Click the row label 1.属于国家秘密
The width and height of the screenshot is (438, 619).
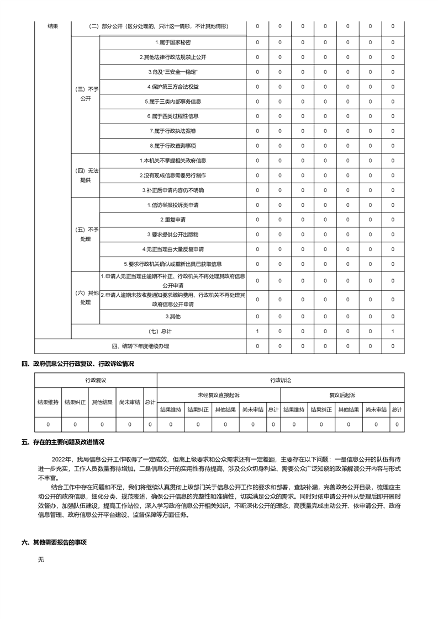pos(173,42)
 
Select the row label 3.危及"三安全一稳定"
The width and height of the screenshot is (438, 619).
pos(173,72)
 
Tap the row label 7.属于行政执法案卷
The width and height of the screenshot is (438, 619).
pos(173,131)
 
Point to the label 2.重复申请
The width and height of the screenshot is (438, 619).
pos(173,220)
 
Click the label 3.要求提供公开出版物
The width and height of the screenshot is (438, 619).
pos(173,234)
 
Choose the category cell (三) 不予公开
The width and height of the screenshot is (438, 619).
pos(86,94)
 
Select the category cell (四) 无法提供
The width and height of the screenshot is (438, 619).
pos(86,175)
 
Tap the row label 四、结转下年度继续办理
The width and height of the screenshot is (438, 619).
pos(140,346)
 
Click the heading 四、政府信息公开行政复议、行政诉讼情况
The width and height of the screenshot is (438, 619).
pos(77,364)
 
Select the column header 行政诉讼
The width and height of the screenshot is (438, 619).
pos(280,381)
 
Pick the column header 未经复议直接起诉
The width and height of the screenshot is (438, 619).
pos(219,395)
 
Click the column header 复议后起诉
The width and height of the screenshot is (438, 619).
pos(342,395)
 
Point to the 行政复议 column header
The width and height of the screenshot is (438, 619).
pos(96,381)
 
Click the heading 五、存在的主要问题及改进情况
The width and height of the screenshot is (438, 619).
pos(62,442)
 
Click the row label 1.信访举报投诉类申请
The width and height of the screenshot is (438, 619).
pos(173,205)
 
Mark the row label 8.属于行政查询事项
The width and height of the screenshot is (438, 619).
pos(173,146)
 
